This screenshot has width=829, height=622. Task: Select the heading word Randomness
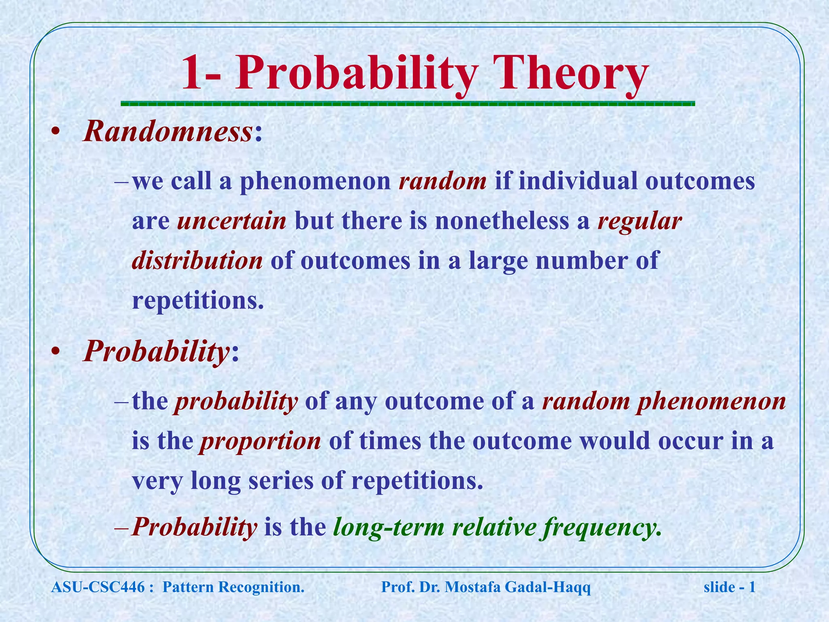click(168, 132)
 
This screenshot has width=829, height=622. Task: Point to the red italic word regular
click(640, 222)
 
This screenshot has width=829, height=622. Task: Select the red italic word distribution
click(197, 260)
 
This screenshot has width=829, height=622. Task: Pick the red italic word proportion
click(260, 441)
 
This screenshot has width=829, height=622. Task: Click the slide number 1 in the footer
click(752, 587)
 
